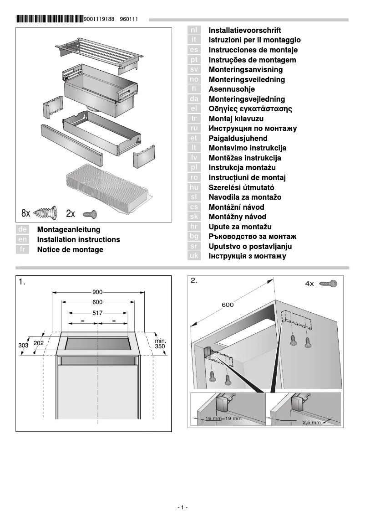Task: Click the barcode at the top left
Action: point(49,19)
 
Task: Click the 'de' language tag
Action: point(23,230)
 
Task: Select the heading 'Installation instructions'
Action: point(79,240)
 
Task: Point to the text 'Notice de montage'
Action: point(70,250)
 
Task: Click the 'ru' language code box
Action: point(194,129)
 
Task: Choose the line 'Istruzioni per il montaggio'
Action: point(254,40)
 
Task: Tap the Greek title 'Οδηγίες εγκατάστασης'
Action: point(250,109)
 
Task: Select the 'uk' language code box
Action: point(194,256)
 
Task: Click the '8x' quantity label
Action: point(25,213)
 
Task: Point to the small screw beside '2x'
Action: point(90,213)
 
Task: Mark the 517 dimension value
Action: point(98,313)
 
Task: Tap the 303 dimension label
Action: point(23,346)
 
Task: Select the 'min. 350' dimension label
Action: point(160,344)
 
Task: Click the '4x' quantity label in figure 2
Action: point(309,284)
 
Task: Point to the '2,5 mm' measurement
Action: point(312,423)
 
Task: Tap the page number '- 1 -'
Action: point(182,507)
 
